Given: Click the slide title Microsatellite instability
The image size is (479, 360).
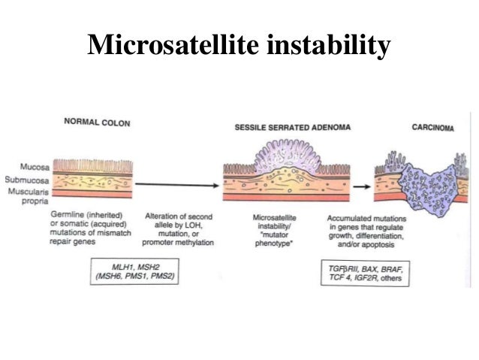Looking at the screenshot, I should pyautogui.click(x=239, y=46).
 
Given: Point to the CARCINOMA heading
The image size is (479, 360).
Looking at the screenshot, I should pyautogui.click(x=433, y=127).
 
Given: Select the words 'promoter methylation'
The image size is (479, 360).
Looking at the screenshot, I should pyautogui.click(x=179, y=243).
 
